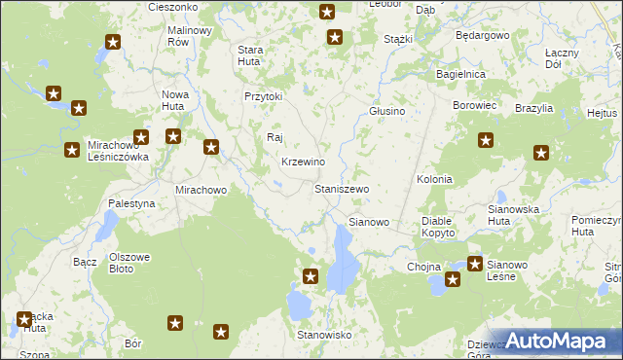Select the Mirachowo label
tap(201, 189)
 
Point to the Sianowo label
tap(368, 222)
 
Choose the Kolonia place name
tap(434, 179)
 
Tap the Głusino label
tap(386, 111)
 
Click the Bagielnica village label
tap(461, 74)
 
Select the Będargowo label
tap(483, 35)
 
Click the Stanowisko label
tap(323, 335)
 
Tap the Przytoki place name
tap(263, 96)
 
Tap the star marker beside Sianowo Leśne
tap(475, 264)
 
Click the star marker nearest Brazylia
tap(541, 153)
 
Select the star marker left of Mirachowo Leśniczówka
tap(72, 150)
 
